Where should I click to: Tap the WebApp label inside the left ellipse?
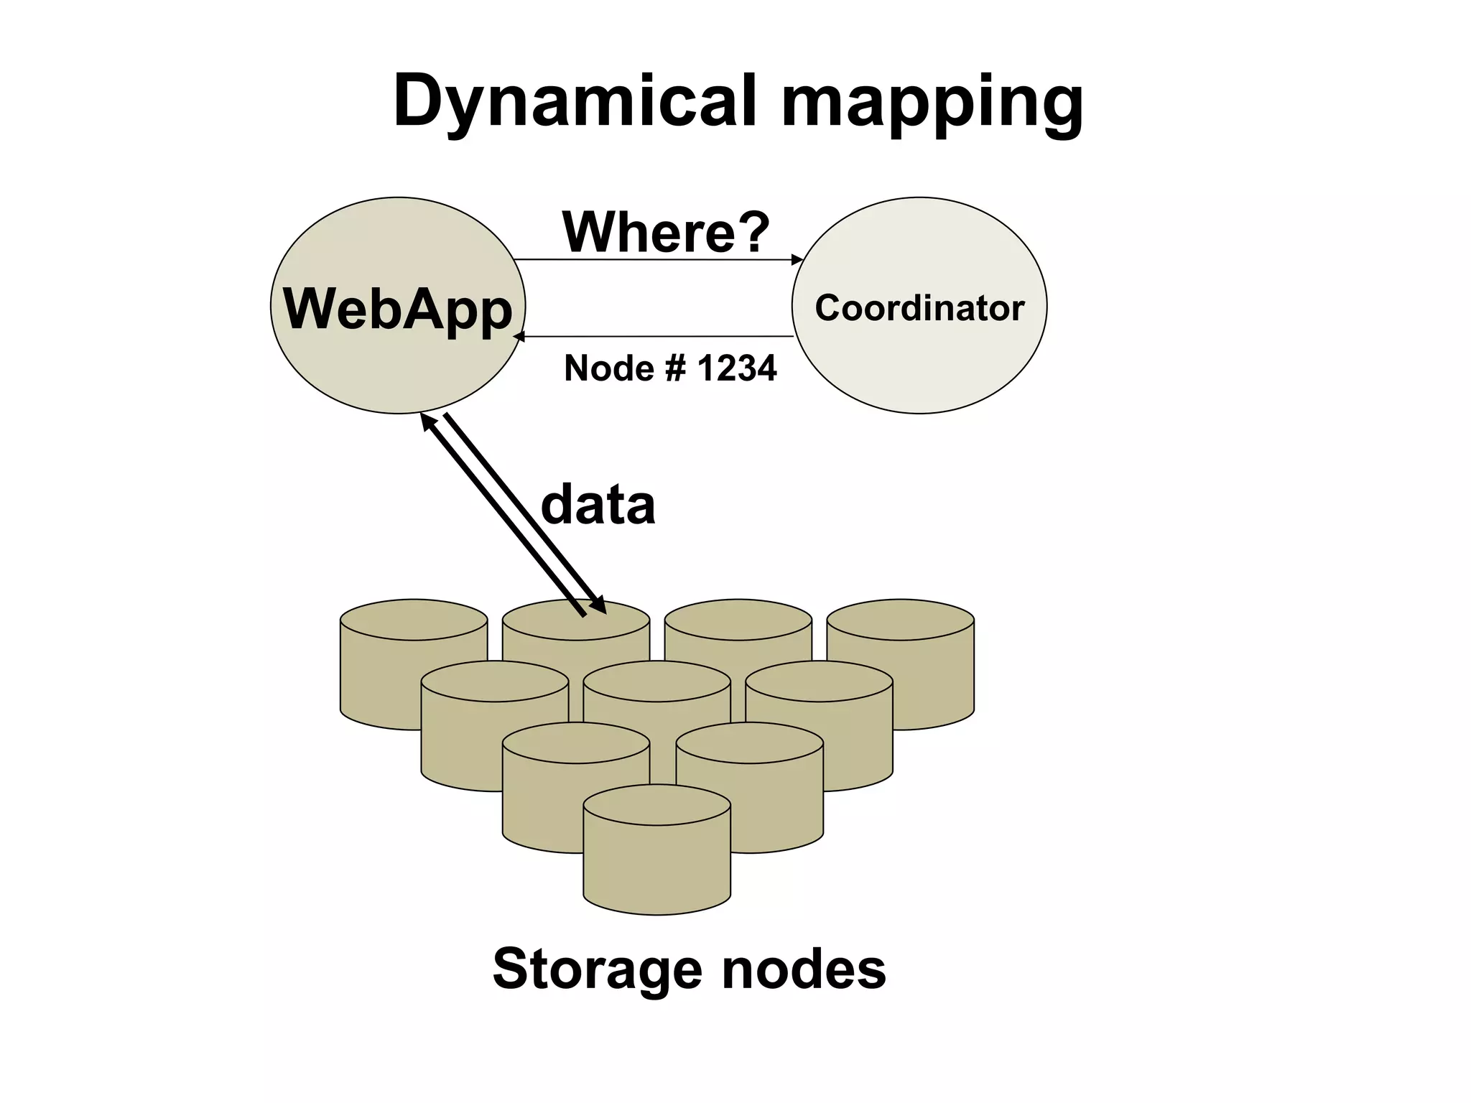point(398,309)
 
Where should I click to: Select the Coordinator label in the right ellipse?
point(919,308)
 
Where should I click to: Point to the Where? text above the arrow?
point(666,232)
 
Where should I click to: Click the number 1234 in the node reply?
point(737,368)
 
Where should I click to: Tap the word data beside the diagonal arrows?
point(598,505)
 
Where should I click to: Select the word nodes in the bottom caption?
point(804,969)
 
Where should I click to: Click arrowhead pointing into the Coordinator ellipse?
point(797,259)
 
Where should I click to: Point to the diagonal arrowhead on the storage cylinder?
point(600,607)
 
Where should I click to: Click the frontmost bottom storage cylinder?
point(656,862)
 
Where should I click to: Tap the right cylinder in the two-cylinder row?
point(750,790)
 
